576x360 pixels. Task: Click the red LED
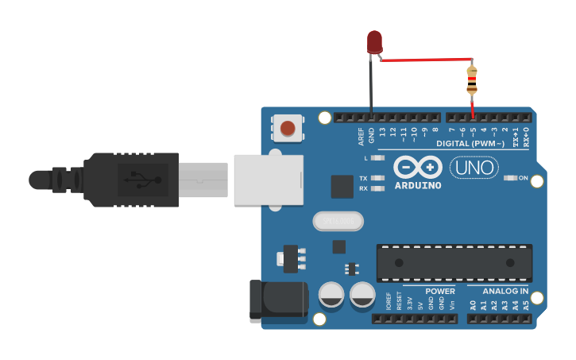tap(374, 42)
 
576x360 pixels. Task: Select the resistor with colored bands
tap(472, 80)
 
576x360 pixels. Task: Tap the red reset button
tap(288, 128)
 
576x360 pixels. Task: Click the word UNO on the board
tap(474, 168)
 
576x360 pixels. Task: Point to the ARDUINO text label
tap(418, 186)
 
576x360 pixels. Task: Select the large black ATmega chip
tap(454, 262)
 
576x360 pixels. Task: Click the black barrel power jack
tap(278, 299)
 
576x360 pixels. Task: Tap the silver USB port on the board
tap(269, 180)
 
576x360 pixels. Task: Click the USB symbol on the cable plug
tap(142, 180)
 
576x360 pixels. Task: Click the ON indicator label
tap(524, 178)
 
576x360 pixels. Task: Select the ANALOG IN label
tap(505, 291)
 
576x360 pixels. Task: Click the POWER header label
tap(440, 291)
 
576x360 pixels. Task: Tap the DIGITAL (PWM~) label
tap(470, 144)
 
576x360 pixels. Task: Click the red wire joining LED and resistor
tap(425, 60)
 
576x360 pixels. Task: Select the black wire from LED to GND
tap(371, 87)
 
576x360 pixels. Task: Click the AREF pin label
tap(361, 135)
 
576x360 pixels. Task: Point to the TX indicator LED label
tap(363, 178)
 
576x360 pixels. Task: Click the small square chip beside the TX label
tap(342, 187)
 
